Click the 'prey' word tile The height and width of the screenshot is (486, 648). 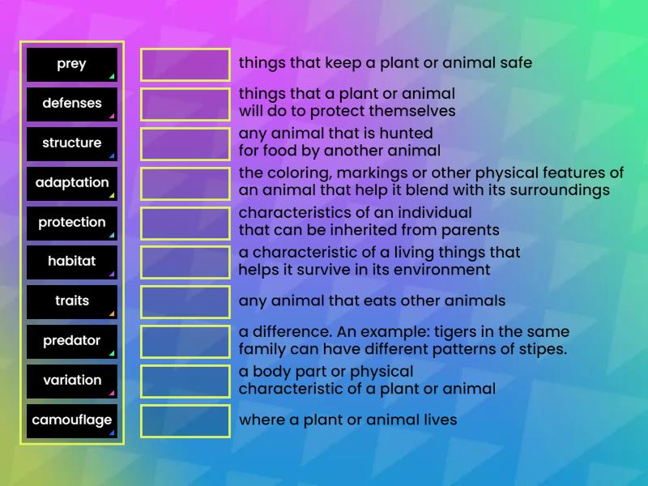[x=72, y=65]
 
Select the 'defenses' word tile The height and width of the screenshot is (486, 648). [x=72, y=104]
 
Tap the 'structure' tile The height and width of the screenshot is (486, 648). [x=72, y=143]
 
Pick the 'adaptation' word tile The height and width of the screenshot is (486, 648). [x=72, y=183]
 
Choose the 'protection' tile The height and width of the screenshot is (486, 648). [x=72, y=223]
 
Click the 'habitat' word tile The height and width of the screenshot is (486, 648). [x=72, y=262]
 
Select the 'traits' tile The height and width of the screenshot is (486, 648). [x=72, y=301]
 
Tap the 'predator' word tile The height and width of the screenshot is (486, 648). [x=72, y=341]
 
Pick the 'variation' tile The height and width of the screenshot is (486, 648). [x=72, y=381]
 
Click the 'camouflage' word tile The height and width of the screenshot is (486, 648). [x=72, y=420]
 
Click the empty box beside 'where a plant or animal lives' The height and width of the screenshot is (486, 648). [x=185, y=421]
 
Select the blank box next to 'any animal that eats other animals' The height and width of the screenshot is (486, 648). [x=185, y=302]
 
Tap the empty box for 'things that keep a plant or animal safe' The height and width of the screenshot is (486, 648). [x=185, y=65]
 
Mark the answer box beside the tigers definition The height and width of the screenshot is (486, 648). [x=185, y=342]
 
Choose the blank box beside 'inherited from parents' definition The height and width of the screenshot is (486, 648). [x=185, y=223]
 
